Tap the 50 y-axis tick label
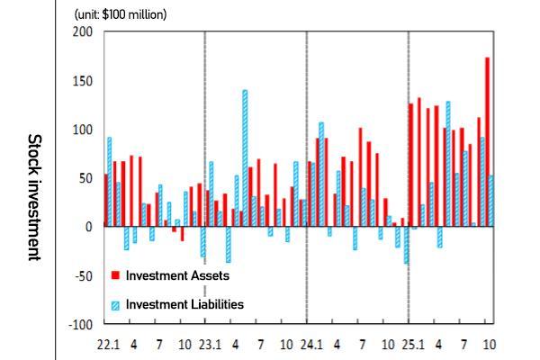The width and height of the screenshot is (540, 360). pyautogui.click(x=84, y=178)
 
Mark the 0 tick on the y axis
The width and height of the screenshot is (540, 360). pyautogui.click(x=87, y=227)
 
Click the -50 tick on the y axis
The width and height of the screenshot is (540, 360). pyautogui.click(x=82, y=275)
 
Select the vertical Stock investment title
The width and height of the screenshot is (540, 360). pyautogui.click(x=33, y=197)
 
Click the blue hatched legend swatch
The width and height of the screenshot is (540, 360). pyautogui.click(x=116, y=304)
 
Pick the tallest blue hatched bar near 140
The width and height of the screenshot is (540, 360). pyautogui.click(x=245, y=157)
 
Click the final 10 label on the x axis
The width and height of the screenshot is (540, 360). pyautogui.click(x=490, y=344)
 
